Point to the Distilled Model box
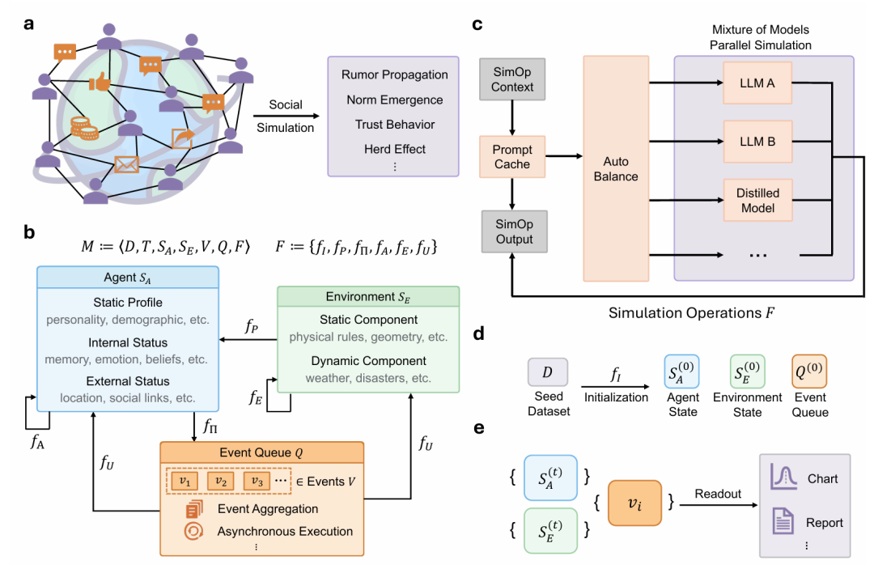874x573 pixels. click(x=757, y=201)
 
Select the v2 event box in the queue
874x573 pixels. click(x=223, y=481)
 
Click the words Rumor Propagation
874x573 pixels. click(x=394, y=74)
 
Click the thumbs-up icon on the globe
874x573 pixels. click(x=99, y=82)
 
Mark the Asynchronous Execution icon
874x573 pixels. click(x=195, y=532)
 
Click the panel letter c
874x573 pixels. click(x=477, y=24)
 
